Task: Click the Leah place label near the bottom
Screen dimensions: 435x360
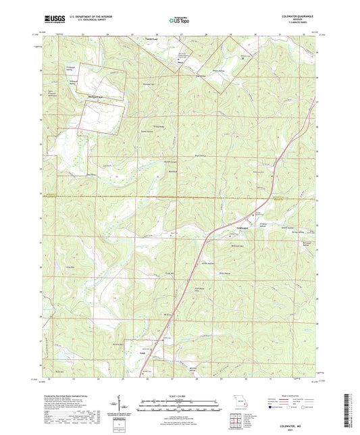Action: pos(142,352)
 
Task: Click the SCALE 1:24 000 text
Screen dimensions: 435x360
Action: pos(180,396)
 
